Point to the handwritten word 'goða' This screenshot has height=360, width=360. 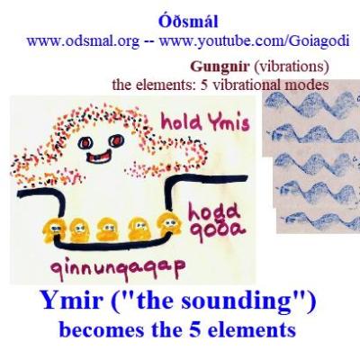(x=210, y=236)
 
